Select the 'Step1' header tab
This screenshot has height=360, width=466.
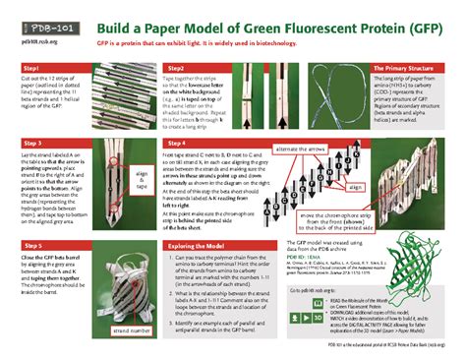pyautogui.click(x=35, y=67)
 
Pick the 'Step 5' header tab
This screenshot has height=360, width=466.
pyautogui.click(x=35, y=245)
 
